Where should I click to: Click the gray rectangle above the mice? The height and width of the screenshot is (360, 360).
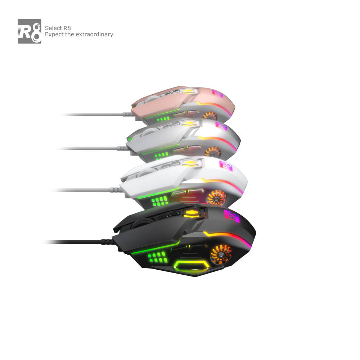pos(66,31)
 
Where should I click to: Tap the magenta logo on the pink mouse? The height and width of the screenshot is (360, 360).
pos(218,93)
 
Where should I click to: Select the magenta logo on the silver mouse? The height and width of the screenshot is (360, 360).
pos(221,126)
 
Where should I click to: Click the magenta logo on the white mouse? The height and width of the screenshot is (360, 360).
pos(226,166)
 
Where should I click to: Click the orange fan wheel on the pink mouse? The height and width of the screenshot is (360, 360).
pos(209,116)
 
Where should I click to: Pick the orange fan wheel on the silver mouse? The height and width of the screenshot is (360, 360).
pos(212,153)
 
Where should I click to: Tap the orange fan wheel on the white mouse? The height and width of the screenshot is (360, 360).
pos(217,197)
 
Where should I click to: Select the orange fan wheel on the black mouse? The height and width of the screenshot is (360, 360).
pos(221,254)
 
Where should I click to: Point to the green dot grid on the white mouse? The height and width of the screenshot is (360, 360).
pos(159,201)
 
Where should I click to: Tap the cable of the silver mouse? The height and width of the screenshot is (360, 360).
pos(86,148)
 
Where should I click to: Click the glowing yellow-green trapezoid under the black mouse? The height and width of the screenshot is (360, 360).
pos(191,267)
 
